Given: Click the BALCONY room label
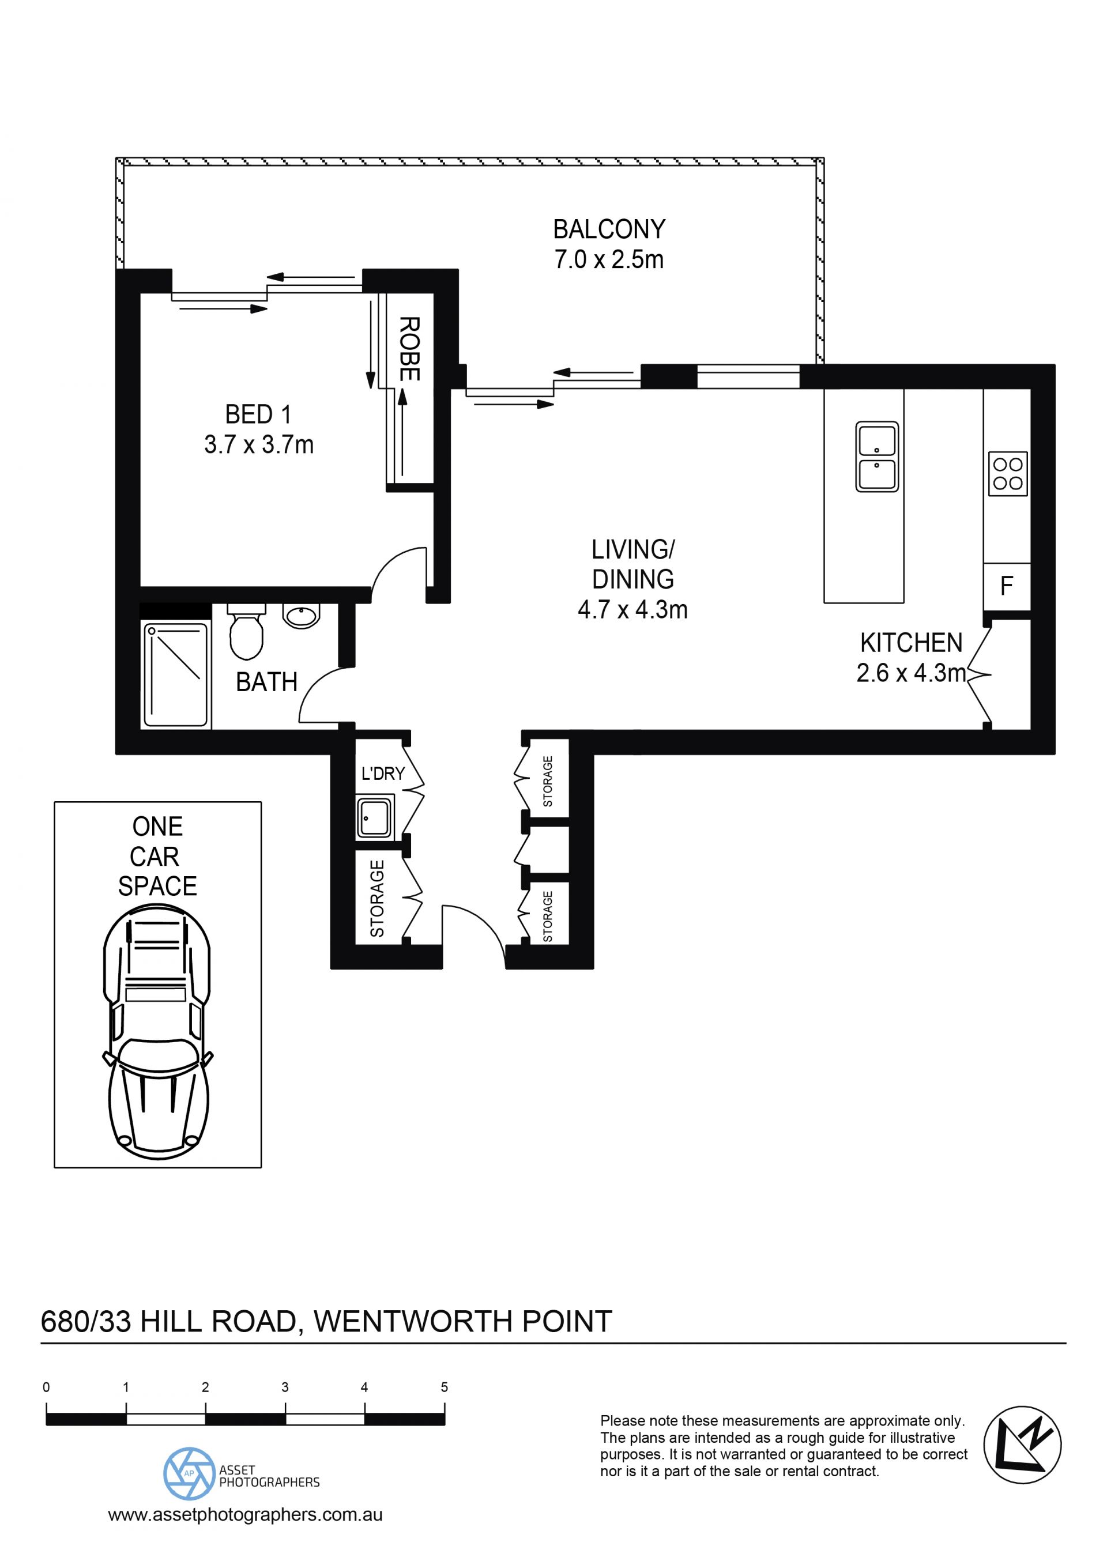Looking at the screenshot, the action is tap(609, 229).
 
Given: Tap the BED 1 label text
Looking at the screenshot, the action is tap(258, 414).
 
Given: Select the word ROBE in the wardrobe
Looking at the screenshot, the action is tap(409, 348).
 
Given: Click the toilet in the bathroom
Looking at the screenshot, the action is tap(246, 631).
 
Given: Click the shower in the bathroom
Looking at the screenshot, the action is tap(176, 674).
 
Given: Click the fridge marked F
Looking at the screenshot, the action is tap(1006, 586).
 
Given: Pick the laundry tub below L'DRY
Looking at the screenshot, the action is tap(374, 817).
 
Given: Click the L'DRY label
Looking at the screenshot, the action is tap(383, 774).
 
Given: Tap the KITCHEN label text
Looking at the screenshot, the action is tap(911, 643).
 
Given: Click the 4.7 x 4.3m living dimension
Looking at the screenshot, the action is tap(632, 609).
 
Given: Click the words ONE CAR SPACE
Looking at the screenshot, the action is tap(157, 856).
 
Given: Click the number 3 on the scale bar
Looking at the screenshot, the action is tap(285, 1387).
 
